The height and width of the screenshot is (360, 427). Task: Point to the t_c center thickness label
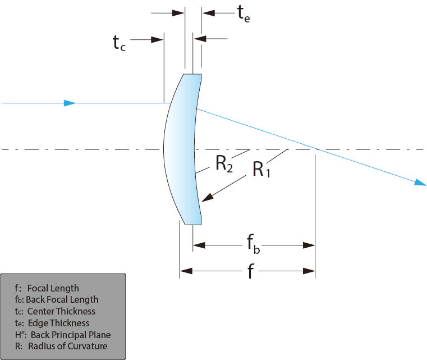pyautogui.click(x=119, y=42)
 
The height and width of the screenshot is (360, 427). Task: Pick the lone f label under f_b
pyautogui.click(x=252, y=272)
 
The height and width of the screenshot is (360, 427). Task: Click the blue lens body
pyautogui.click(x=182, y=149)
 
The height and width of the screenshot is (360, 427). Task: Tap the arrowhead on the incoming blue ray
pyautogui.click(x=70, y=103)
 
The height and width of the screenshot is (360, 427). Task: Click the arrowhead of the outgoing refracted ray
pyautogui.click(x=420, y=183)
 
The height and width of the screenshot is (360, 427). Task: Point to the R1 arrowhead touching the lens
pyautogui.click(x=207, y=197)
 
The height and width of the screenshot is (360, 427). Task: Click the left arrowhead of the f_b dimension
pyautogui.click(x=199, y=245)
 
